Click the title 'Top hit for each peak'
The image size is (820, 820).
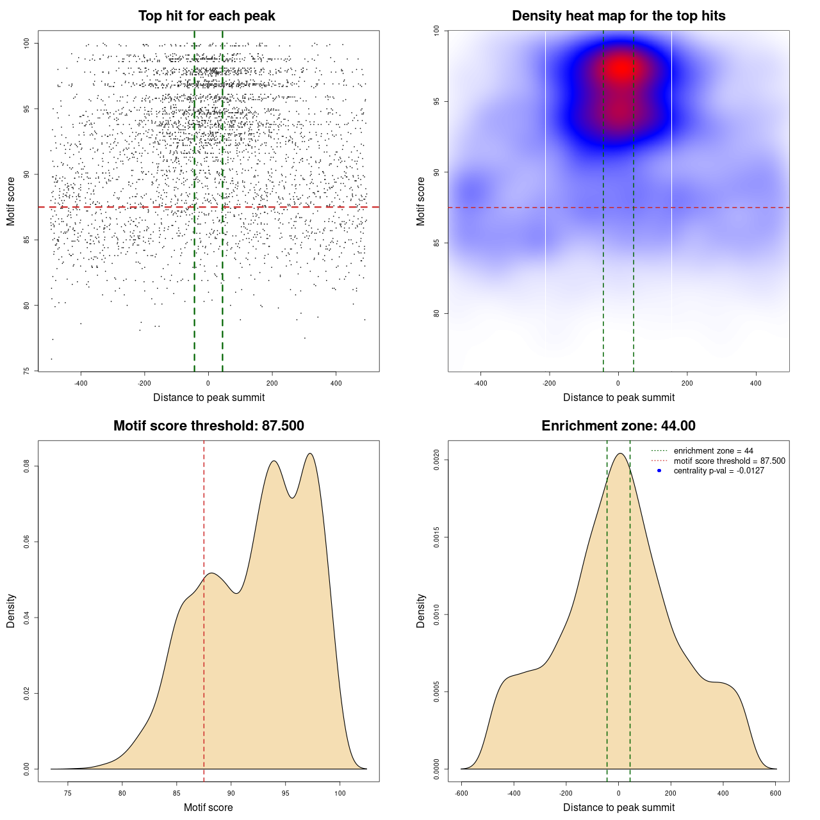click(x=207, y=16)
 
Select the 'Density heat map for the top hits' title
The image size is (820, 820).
click(x=618, y=16)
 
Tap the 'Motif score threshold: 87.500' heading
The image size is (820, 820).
click(x=208, y=426)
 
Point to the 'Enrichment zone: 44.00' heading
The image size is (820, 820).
click(x=618, y=426)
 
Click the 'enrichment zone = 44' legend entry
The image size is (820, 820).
click(x=713, y=451)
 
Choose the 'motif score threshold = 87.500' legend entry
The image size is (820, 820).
click(x=729, y=461)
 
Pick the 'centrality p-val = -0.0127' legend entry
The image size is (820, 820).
click(x=719, y=471)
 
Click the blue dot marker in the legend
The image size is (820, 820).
click(x=659, y=471)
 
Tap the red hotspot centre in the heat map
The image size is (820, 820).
click(x=619, y=69)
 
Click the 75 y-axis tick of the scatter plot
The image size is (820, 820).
click(x=26, y=371)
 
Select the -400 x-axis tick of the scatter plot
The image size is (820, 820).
click(x=81, y=383)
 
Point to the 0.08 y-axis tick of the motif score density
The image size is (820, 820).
click(x=26, y=467)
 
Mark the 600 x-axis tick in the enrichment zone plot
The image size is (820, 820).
click(x=776, y=793)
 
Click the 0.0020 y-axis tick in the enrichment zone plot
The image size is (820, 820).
click(x=436, y=460)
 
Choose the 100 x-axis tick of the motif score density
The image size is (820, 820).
click(x=340, y=793)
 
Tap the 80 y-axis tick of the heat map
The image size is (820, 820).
click(x=436, y=313)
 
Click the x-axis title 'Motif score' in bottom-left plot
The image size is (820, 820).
click(x=208, y=807)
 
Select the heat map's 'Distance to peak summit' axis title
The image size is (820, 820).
click(x=618, y=397)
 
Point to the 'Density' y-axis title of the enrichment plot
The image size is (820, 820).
click(x=421, y=611)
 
